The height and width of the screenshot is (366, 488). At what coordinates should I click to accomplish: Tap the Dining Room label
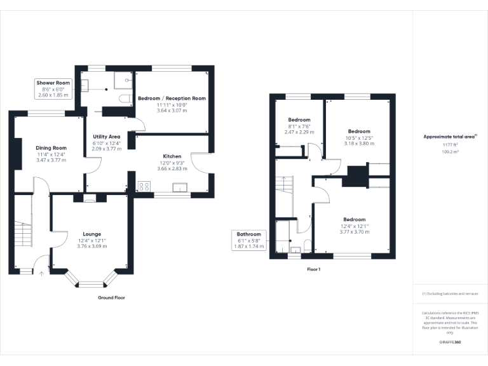pos(51,148)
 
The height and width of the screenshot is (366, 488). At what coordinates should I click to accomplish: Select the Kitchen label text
pos(172,156)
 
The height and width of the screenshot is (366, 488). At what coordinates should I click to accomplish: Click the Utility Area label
pos(106,137)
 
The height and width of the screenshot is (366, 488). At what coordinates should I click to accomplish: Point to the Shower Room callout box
pos(53,89)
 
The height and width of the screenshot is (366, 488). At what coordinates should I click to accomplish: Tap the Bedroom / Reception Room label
pos(172,98)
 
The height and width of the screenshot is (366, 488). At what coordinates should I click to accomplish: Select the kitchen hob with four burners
pos(144,187)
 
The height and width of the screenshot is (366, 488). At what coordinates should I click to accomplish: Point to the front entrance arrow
pos(42,274)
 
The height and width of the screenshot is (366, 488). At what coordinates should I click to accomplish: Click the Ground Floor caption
pos(111,297)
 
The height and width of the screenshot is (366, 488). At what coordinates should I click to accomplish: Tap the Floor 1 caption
pos(314,269)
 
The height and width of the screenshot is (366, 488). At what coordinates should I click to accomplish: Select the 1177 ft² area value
pos(450,146)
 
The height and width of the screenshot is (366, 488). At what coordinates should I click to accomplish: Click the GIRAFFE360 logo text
pos(450,342)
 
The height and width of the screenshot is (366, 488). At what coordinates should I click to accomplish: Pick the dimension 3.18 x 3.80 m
pos(359,144)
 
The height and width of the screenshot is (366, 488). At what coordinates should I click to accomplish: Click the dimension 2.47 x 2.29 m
pos(299,132)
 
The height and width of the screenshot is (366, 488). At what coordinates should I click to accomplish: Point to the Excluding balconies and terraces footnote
pos(450,294)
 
